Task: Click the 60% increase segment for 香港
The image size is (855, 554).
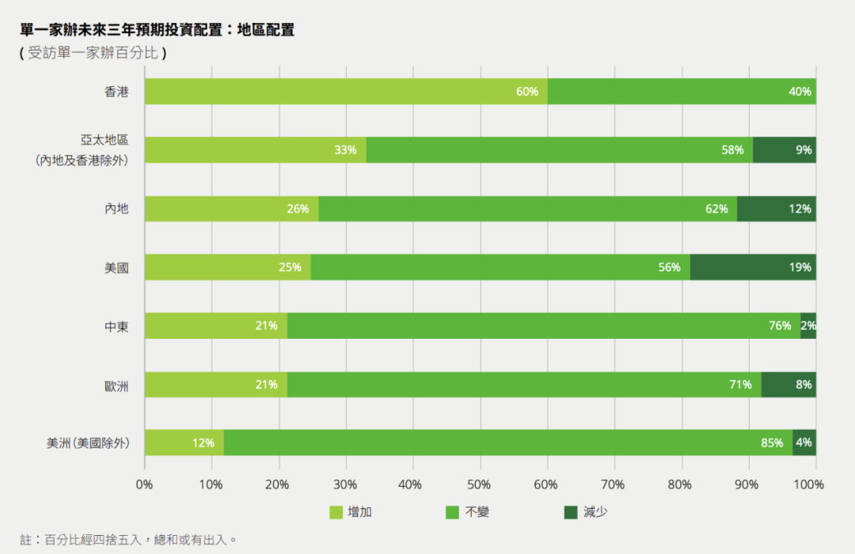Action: tap(346, 92)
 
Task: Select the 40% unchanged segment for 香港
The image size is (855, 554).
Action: tap(682, 92)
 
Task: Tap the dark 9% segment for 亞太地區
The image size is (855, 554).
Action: tap(785, 150)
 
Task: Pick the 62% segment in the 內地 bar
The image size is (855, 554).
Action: tap(527, 209)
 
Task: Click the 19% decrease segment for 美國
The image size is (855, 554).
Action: tap(753, 268)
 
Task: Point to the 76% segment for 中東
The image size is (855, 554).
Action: tap(544, 325)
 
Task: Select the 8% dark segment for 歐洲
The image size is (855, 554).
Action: tap(788, 385)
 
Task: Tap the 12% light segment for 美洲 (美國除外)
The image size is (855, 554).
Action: tap(184, 443)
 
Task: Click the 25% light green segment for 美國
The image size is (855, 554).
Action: tap(228, 268)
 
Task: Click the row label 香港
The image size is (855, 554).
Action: tap(116, 92)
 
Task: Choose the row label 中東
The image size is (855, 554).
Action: tap(116, 325)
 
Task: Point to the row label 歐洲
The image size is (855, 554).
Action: tap(116, 385)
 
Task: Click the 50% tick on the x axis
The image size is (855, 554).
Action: tap(480, 484)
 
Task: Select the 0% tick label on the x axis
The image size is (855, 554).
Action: tap(145, 484)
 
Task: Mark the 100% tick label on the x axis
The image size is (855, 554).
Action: tap(808, 484)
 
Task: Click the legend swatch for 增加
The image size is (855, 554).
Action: tap(336, 513)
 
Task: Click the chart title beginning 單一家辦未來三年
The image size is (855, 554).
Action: tap(158, 30)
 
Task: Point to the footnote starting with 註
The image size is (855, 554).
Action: tap(128, 540)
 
